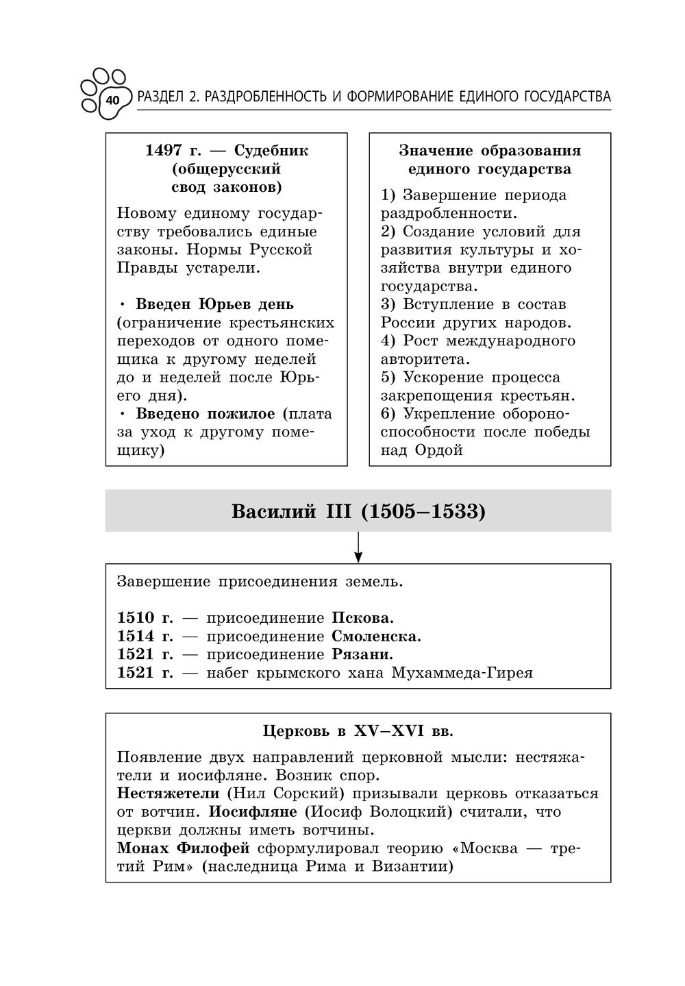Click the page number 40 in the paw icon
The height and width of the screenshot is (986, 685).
tap(112, 101)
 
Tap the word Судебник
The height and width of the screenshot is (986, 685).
tap(271, 151)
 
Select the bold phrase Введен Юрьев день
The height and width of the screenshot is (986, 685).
tap(214, 304)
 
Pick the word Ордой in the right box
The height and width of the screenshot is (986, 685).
tap(439, 451)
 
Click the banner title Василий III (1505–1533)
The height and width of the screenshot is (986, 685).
tap(358, 511)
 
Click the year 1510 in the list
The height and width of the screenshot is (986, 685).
tap(136, 618)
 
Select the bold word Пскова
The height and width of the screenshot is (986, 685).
tap(363, 618)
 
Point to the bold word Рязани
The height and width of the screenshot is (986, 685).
tap(362, 654)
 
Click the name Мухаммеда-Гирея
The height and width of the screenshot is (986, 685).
tap(462, 673)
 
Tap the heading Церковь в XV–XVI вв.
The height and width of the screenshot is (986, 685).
tap(358, 731)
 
